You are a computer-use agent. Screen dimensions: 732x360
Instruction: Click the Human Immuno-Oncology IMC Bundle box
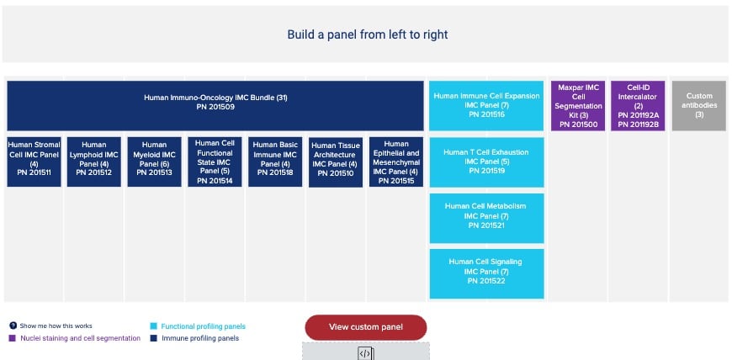tap(215, 105)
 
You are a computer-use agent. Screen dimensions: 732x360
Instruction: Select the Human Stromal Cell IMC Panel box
tap(34, 161)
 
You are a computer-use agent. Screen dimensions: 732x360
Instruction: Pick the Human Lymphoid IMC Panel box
tap(94, 161)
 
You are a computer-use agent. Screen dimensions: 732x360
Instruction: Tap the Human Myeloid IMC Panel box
tap(155, 161)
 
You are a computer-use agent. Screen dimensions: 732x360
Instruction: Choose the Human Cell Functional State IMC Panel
tap(215, 161)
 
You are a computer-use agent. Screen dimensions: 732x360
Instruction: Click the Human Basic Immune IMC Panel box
tap(276, 161)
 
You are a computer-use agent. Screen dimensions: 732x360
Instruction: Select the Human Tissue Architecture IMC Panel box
tap(336, 161)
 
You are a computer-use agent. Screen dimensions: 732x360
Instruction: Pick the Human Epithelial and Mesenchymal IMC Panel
tap(396, 161)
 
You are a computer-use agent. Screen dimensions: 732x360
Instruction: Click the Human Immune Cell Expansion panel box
tap(486, 105)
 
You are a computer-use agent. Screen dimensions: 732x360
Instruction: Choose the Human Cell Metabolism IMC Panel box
tap(486, 217)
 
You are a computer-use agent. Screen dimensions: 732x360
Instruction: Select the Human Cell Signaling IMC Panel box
tap(486, 273)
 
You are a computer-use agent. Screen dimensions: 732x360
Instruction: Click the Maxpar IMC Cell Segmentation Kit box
tap(577, 105)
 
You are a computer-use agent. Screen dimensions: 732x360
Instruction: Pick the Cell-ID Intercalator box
tap(638, 105)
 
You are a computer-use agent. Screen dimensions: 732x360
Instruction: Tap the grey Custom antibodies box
tap(698, 105)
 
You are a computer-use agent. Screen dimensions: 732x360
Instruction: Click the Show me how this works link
tap(55, 326)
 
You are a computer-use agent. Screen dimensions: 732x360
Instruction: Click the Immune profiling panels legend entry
tap(199, 338)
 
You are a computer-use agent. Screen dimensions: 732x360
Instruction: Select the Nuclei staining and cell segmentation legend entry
tap(80, 338)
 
